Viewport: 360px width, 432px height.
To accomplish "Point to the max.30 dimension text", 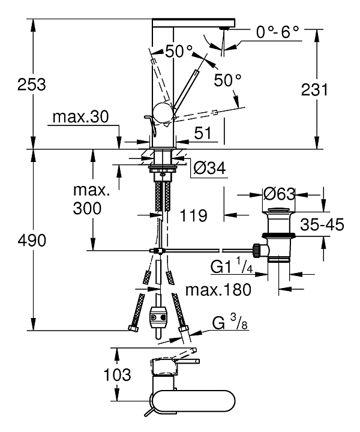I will [79, 117].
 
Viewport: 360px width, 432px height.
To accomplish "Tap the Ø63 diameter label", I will [279, 194].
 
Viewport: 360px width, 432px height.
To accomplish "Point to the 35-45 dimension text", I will [323, 225].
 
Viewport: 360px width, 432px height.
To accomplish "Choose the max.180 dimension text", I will [217, 290].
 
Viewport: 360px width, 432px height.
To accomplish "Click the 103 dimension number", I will [117, 376].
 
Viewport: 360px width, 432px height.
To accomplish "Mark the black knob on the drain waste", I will [257, 249].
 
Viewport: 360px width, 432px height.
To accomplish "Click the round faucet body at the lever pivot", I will [163, 112].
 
